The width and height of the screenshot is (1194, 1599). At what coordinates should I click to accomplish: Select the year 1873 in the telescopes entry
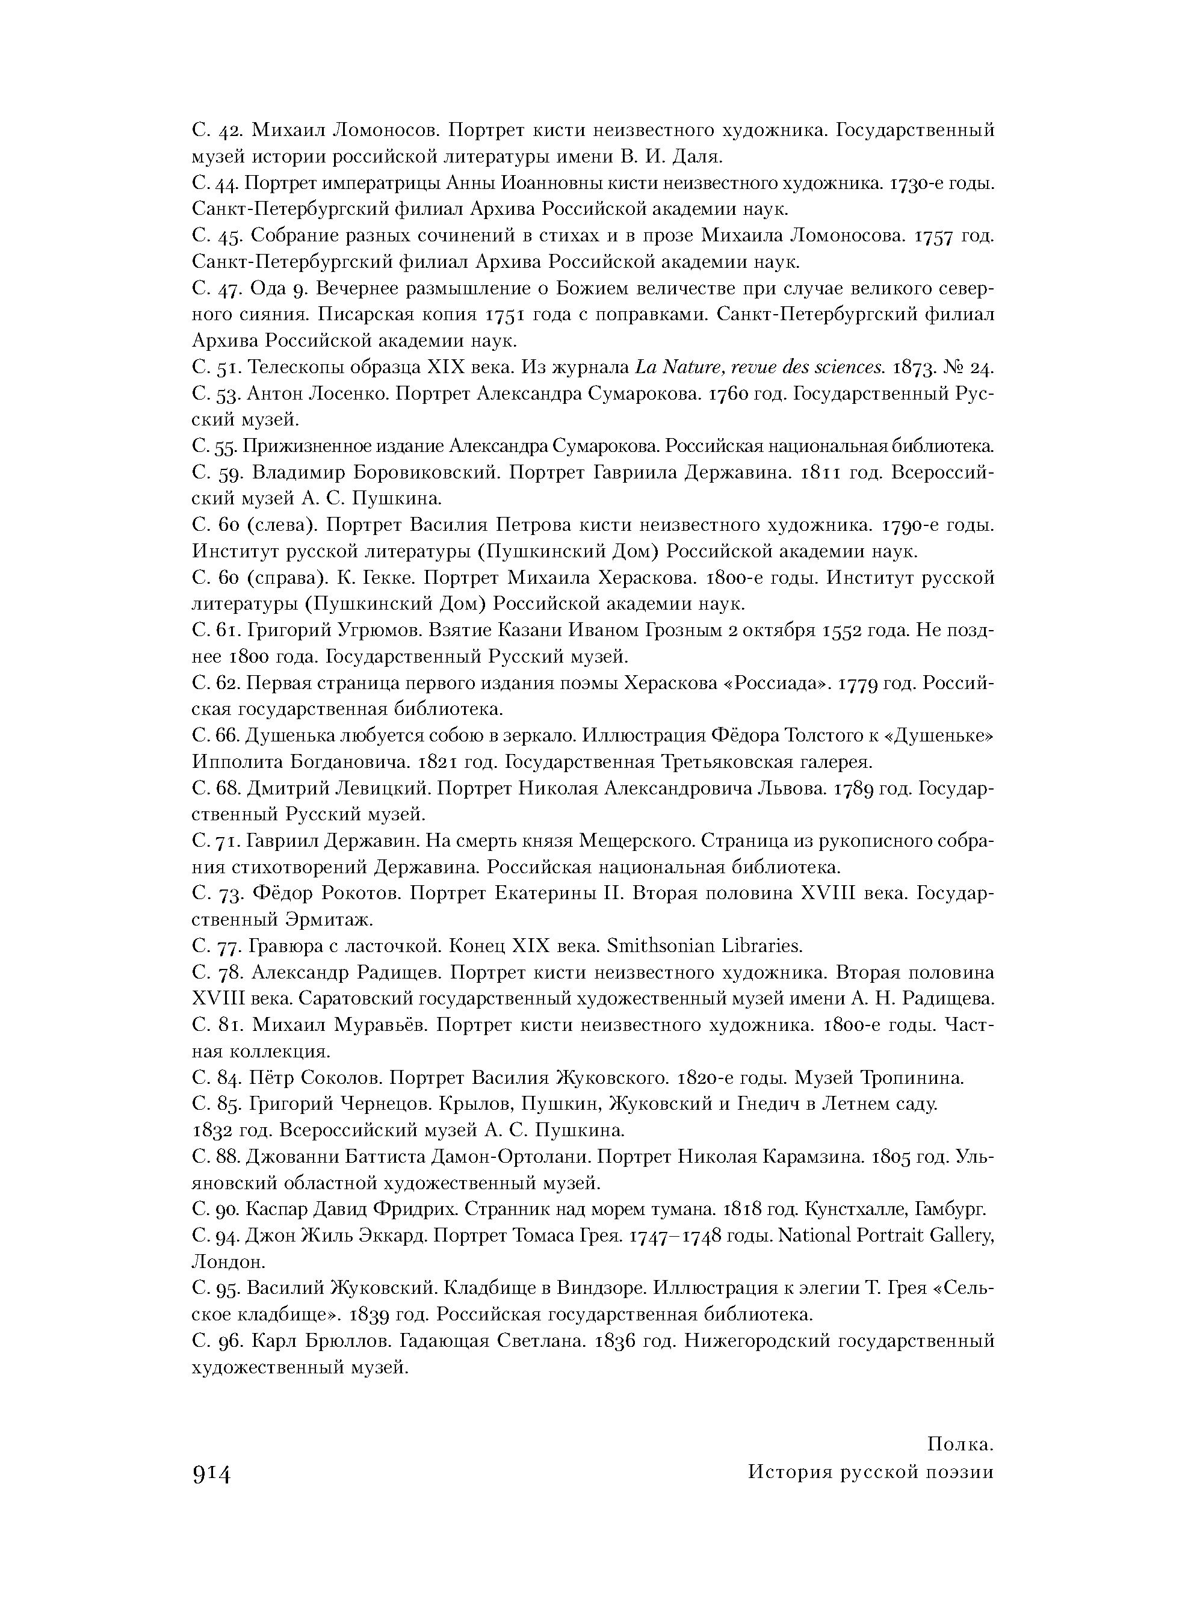coord(916,367)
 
